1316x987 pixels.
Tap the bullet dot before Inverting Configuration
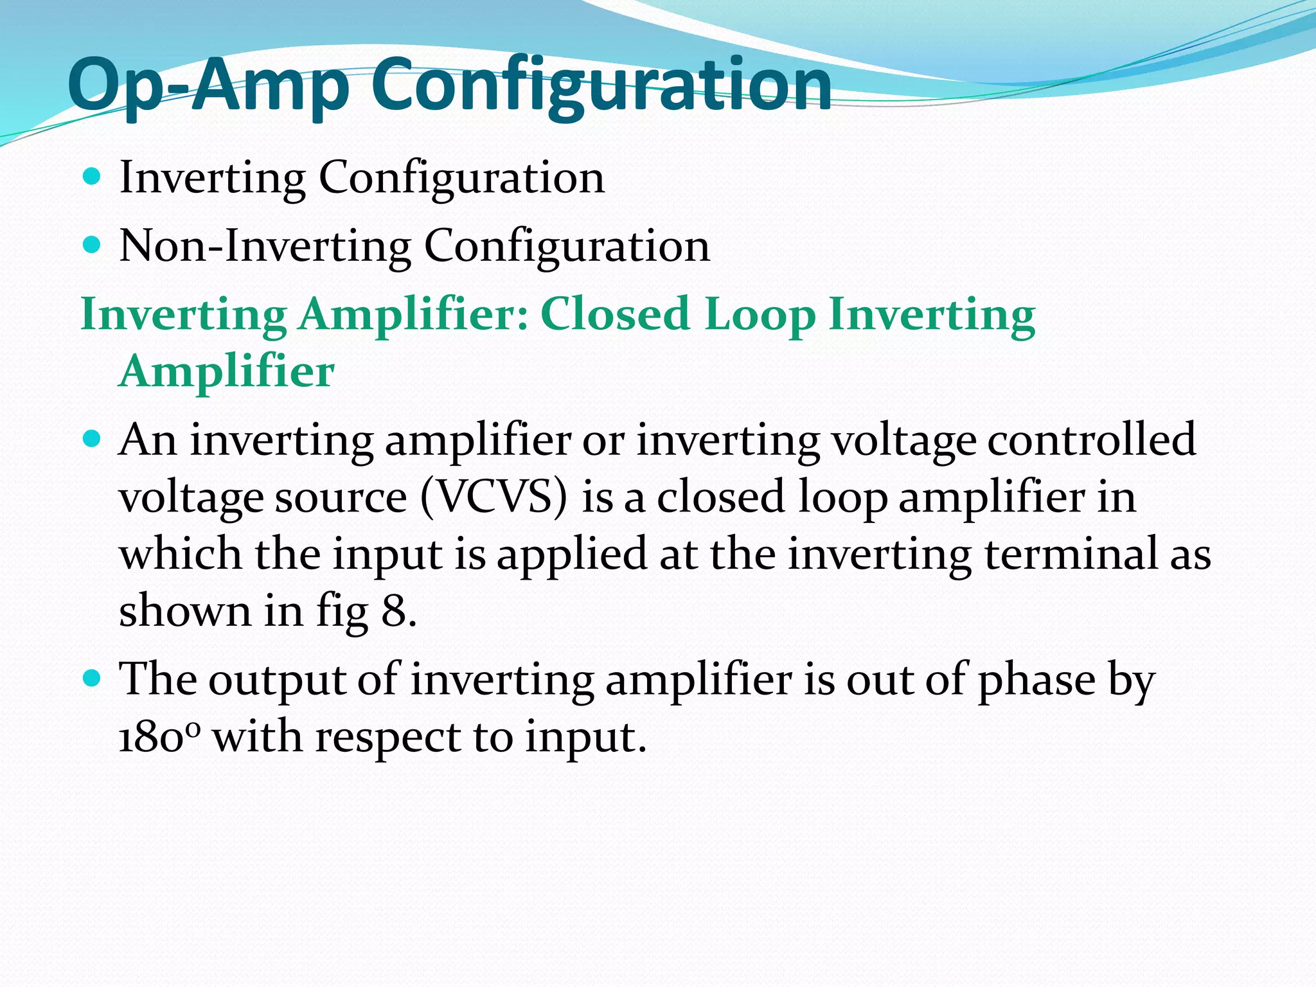(x=93, y=175)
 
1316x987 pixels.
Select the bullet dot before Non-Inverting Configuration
(x=93, y=245)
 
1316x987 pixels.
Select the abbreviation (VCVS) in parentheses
(x=494, y=497)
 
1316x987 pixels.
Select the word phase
(x=1036, y=680)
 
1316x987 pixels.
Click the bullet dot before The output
(x=93, y=678)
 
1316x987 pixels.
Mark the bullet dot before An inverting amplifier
(x=93, y=439)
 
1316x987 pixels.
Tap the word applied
(x=571, y=555)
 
